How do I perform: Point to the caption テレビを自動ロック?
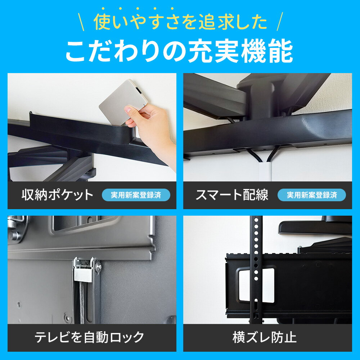[x=89, y=337]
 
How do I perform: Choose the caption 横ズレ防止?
[x=265, y=337]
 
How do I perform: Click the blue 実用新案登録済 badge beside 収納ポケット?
[x=136, y=195]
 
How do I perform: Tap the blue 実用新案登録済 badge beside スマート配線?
[x=312, y=195]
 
